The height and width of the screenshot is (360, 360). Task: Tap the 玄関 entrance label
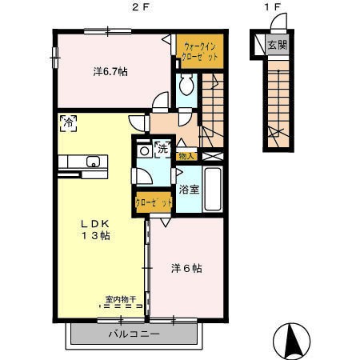277,45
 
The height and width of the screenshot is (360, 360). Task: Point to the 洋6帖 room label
186,268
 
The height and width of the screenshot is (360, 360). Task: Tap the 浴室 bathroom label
189,190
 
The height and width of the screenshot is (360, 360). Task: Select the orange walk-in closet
199,52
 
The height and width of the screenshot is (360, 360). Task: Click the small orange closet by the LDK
154,203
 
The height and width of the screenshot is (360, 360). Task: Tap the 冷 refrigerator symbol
69,123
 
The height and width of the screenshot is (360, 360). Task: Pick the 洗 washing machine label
162,148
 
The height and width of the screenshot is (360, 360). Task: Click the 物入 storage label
186,156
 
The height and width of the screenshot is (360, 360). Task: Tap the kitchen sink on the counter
92,162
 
